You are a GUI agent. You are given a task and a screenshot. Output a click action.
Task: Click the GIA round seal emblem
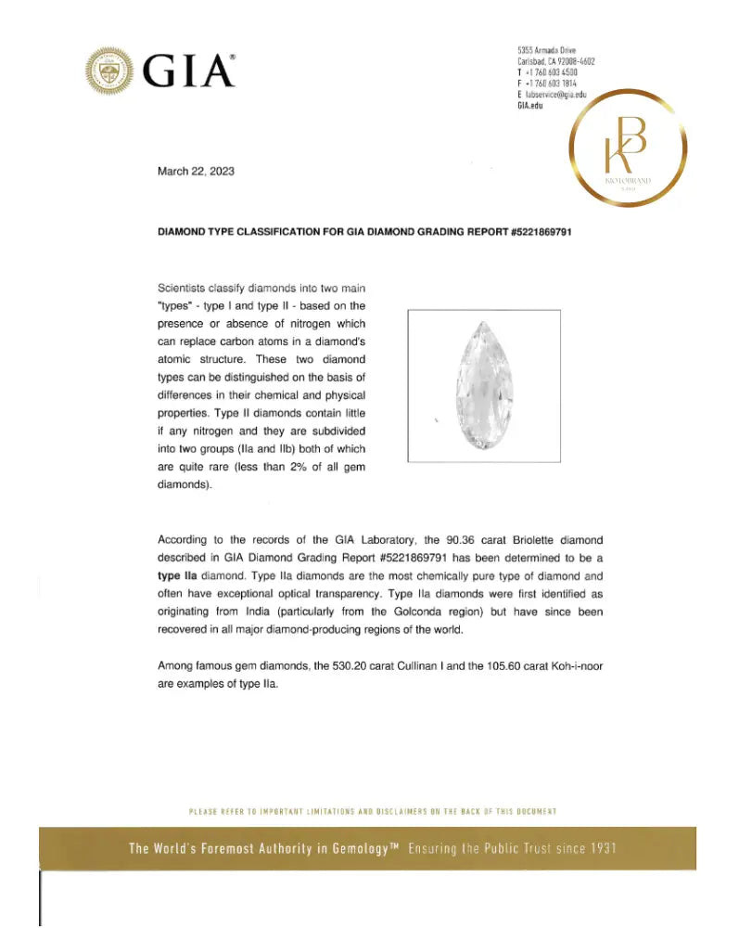pyautogui.click(x=110, y=70)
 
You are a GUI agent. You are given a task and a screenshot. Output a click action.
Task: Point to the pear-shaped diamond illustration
pyautogui.click(x=483, y=385)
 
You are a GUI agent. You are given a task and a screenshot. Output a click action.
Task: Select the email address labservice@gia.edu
pyautogui.click(x=556, y=96)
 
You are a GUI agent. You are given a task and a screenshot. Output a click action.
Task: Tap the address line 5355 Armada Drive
pyautogui.click(x=548, y=50)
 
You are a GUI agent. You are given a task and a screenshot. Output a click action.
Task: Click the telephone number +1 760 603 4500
pyautogui.click(x=551, y=72)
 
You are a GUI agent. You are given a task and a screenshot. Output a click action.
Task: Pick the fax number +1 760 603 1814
pyautogui.click(x=551, y=84)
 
